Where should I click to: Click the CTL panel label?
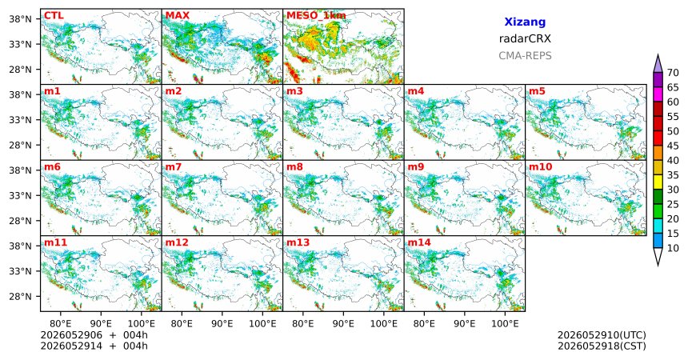pyautogui.click(x=54, y=16)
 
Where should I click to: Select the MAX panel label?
pyautogui.click(x=178, y=16)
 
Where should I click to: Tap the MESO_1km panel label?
pyautogui.click(x=316, y=16)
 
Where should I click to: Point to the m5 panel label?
pyautogui.click(x=537, y=91)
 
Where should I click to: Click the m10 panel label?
pyautogui.click(x=540, y=167)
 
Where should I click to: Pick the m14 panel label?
pyautogui.click(x=419, y=242)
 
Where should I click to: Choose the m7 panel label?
pyautogui.click(x=174, y=167)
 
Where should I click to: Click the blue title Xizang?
pyautogui.click(x=525, y=22)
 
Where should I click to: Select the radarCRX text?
pyautogui.click(x=525, y=38)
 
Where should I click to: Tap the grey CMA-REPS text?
pyautogui.click(x=525, y=56)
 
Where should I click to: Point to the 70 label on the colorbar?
pyautogui.click(x=673, y=73)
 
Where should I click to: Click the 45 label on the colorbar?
pyautogui.click(x=673, y=146)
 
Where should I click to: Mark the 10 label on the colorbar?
pyautogui.click(x=673, y=249)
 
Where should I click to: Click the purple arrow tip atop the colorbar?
pyautogui.click(x=658, y=54)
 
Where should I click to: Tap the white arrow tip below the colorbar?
pyautogui.click(x=658, y=265)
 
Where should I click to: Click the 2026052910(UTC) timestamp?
pyautogui.click(x=602, y=335)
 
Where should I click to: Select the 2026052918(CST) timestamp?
pyautogui.click(x=602, y=346)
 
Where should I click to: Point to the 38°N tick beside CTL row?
pyautogui.click(x=20, y=19)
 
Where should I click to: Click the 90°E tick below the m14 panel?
pyautogui.click(x=465, y=324)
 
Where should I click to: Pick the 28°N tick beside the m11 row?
pyautogui.click(x=20, y=296)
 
